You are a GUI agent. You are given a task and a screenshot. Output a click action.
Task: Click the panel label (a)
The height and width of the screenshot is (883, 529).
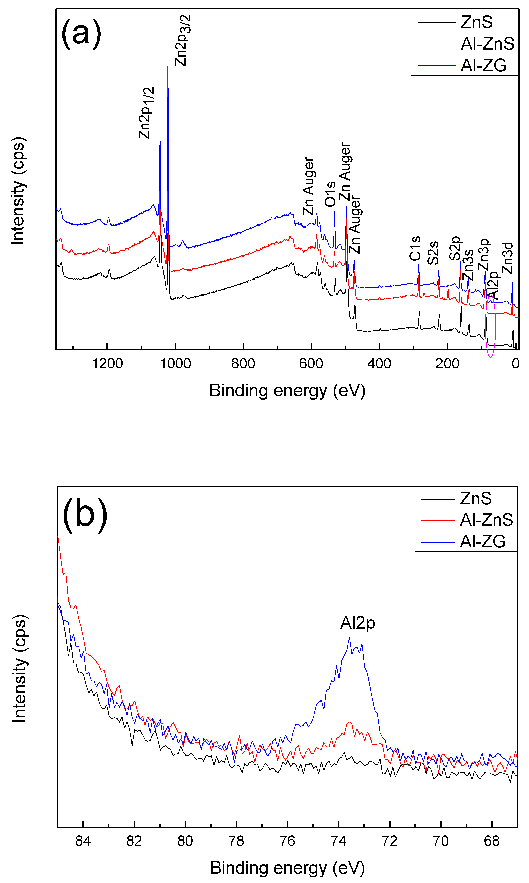(x=81, y=33)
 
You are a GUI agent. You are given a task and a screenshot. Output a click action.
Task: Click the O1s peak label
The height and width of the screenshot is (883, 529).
(x=330, y=194)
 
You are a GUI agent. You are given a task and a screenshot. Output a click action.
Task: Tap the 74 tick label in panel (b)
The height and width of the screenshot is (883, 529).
(x=338, y=841)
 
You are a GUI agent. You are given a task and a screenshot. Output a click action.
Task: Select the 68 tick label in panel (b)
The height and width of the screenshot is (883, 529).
(x=492, y=841)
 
